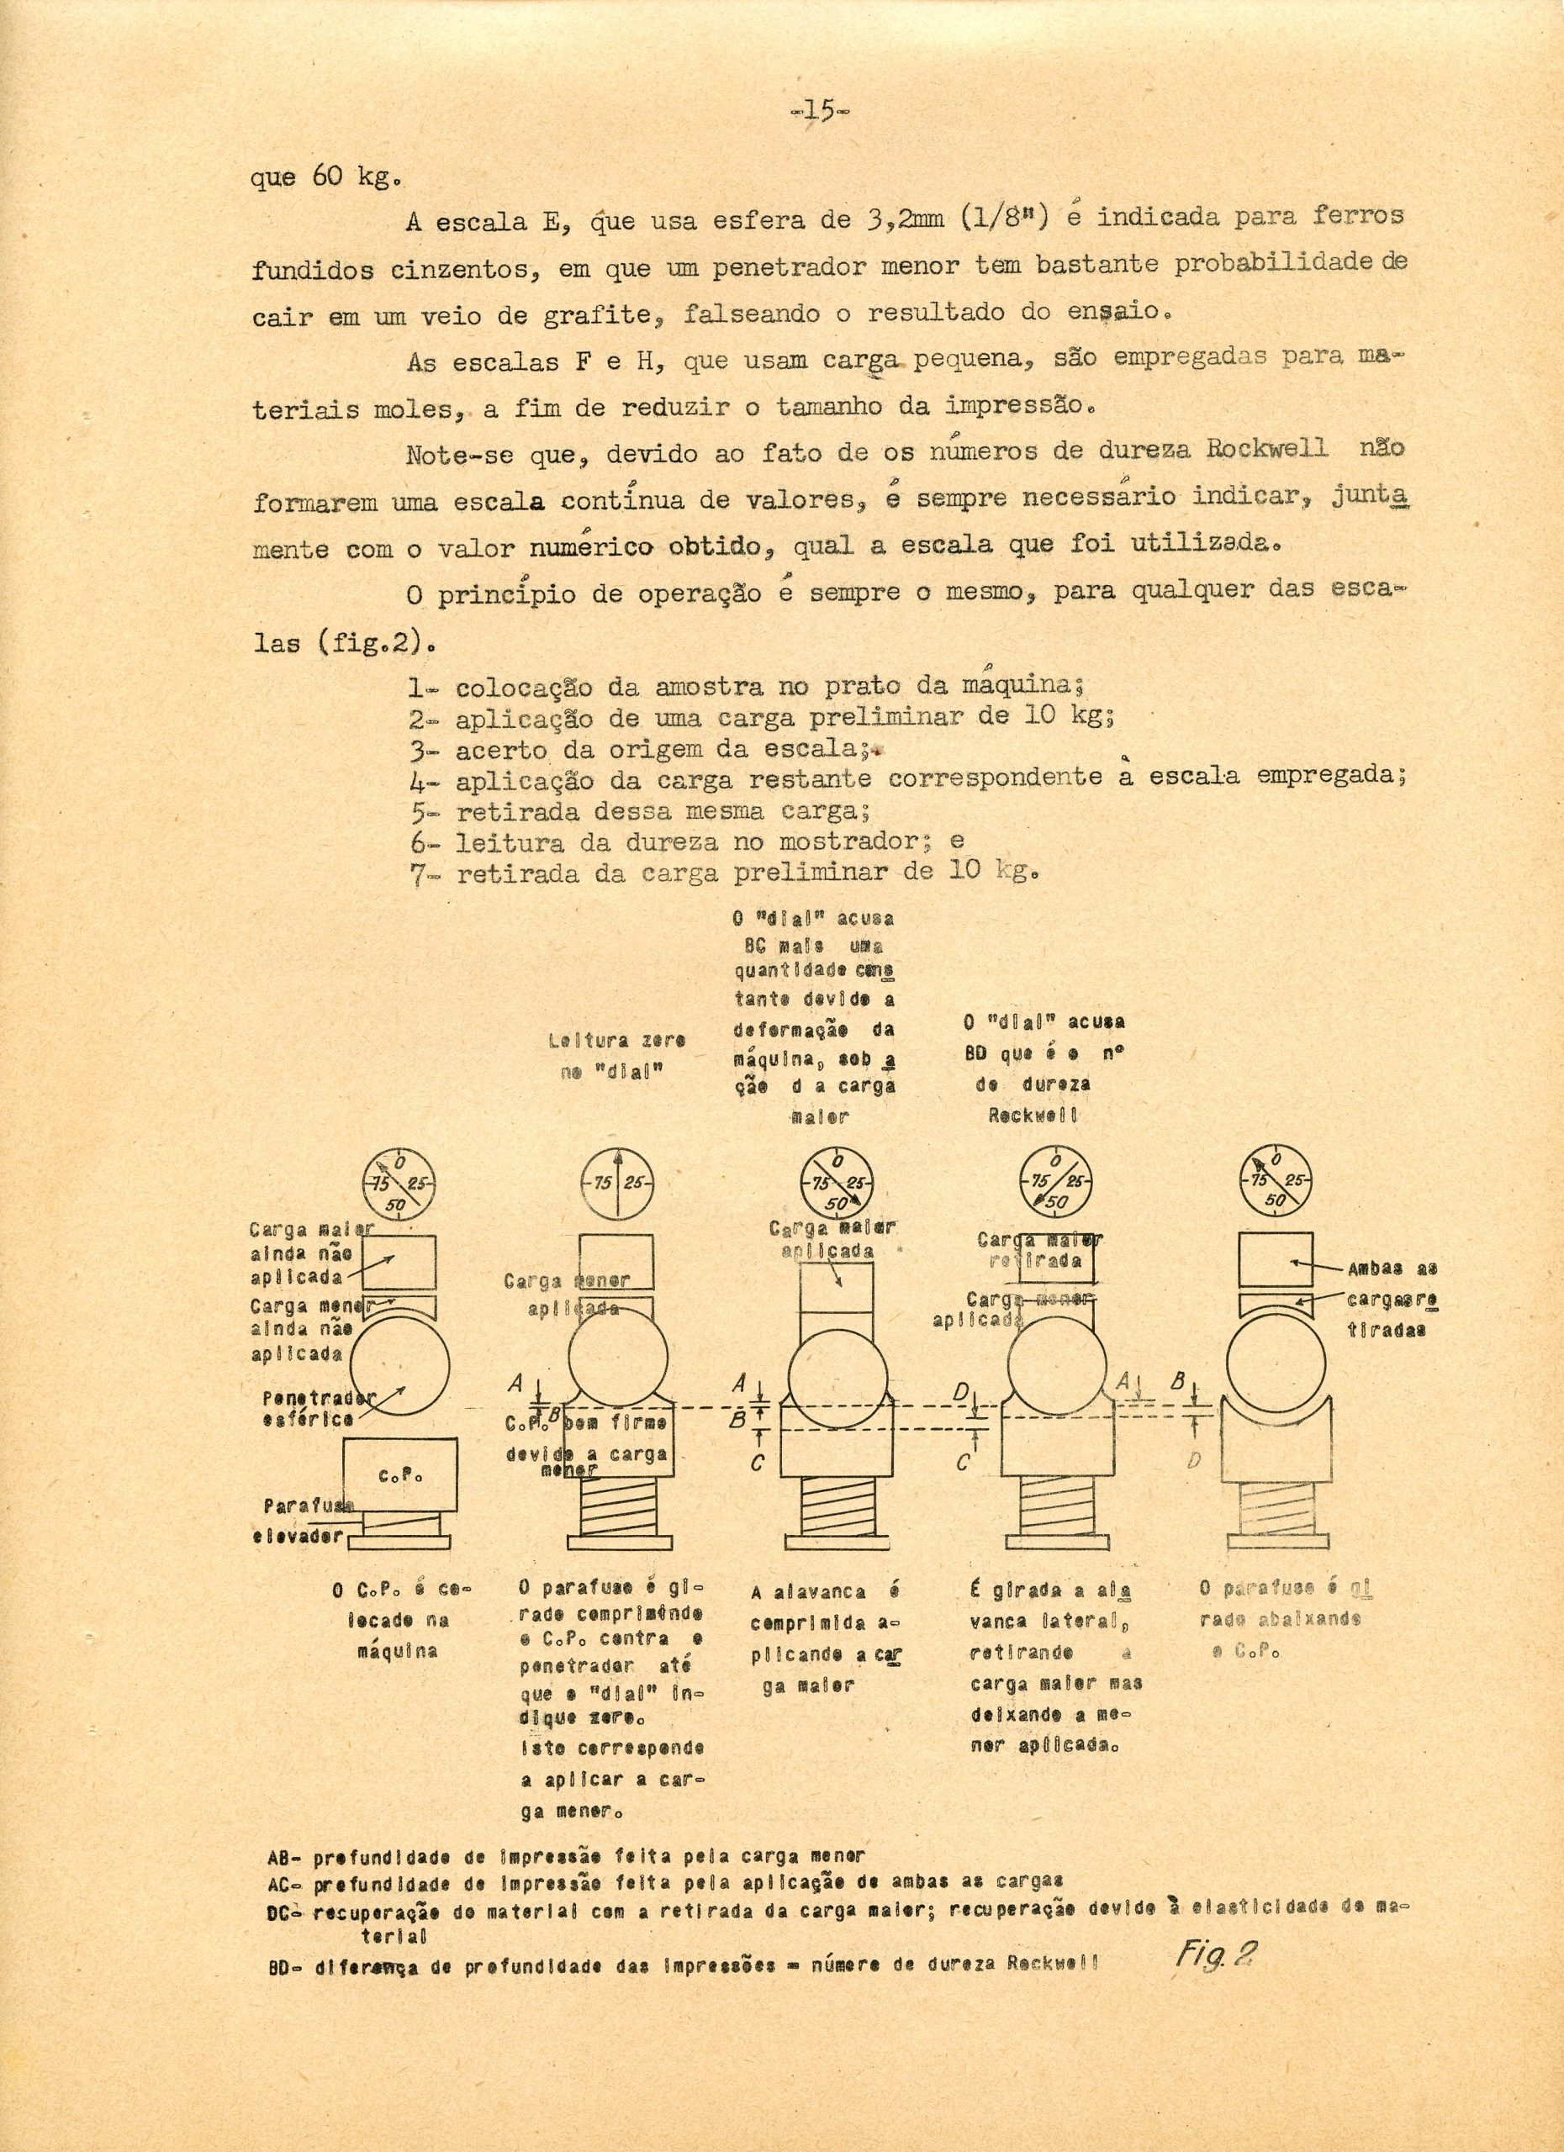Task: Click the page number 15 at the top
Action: click(x=822, y=112)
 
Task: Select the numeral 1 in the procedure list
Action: click(x=415, y=688)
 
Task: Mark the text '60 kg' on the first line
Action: click(x=347, y=177)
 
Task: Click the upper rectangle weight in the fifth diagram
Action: click(x=1275, y=1260)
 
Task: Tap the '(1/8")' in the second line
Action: click(x=1005, y=219)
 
